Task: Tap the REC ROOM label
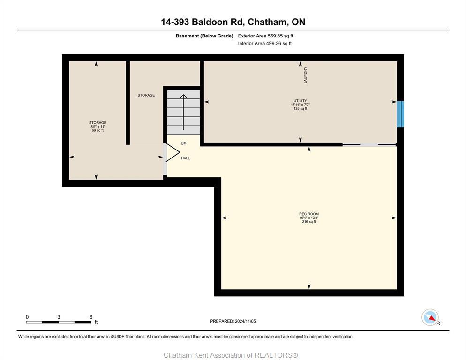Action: coord(308,214)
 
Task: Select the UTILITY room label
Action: coord(300,101)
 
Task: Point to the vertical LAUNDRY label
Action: coord(305,75)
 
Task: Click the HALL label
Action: coord(186,158)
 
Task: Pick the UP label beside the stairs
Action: coord(183,143)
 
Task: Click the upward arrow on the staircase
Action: coord(183,112)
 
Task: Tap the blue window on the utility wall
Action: coord(400,114)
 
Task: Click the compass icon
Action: coord(430,317)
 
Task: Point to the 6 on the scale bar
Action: coord(90,317)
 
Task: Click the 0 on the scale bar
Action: coord(27,317)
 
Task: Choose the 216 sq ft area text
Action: coord(308,222)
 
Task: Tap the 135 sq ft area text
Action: coord(300,108)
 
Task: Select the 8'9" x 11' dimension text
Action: coord(98,127)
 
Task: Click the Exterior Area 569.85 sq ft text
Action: coord(265,36)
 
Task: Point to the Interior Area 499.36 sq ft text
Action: coord(265,44)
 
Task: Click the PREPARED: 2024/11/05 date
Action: coord(233,321)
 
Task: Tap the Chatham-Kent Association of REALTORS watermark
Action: coord(231,355)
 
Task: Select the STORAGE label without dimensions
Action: coord(146,95)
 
